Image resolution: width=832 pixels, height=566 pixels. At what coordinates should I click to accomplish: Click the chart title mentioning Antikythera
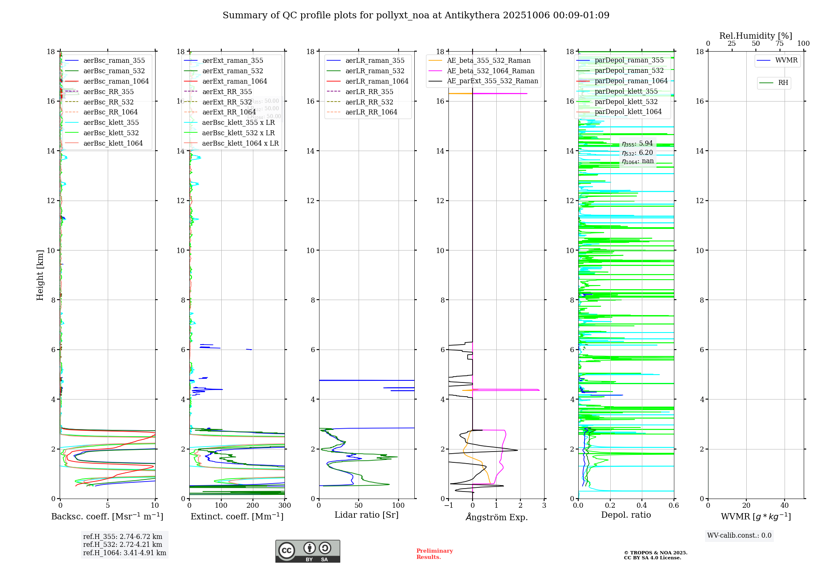(416, 15)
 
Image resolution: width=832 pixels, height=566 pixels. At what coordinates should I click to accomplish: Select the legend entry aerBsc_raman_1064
(116, 82)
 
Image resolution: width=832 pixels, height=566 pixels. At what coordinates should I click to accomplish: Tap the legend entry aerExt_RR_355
(227, 92)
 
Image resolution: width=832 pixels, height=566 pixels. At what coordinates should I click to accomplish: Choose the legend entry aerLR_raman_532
(374, 71)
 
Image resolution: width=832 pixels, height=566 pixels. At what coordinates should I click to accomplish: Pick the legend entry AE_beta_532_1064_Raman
(490, 71)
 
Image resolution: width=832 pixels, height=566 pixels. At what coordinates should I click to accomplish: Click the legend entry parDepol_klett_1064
(628, 112)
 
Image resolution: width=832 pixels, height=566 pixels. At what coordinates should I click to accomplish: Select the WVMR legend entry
(786, 60)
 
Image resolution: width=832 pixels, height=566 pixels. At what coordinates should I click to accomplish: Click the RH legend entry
(782, 83)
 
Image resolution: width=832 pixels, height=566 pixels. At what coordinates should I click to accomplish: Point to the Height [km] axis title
(40, 275)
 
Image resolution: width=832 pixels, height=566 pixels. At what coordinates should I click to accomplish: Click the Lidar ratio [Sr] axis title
(366, 515)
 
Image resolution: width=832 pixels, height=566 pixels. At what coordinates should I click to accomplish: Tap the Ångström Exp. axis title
(496, 517)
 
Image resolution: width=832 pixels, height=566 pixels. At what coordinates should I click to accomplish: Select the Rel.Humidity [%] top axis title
(755, 36)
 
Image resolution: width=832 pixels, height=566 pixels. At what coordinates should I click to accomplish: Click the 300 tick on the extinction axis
(285, 506)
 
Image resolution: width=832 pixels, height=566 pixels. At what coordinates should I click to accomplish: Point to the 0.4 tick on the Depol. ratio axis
(642, 506)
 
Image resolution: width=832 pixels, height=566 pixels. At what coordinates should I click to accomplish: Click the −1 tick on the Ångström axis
(448, 506)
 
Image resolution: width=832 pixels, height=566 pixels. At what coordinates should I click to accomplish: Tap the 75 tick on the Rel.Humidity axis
(780, 44)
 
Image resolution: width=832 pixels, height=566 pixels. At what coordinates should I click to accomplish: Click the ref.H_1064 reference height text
(124, 553)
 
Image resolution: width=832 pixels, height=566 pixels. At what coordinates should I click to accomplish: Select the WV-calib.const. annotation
(739, 536)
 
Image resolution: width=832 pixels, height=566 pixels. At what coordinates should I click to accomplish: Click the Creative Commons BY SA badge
(307, 551)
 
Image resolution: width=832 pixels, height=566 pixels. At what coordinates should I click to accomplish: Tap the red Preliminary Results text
(434, 554)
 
